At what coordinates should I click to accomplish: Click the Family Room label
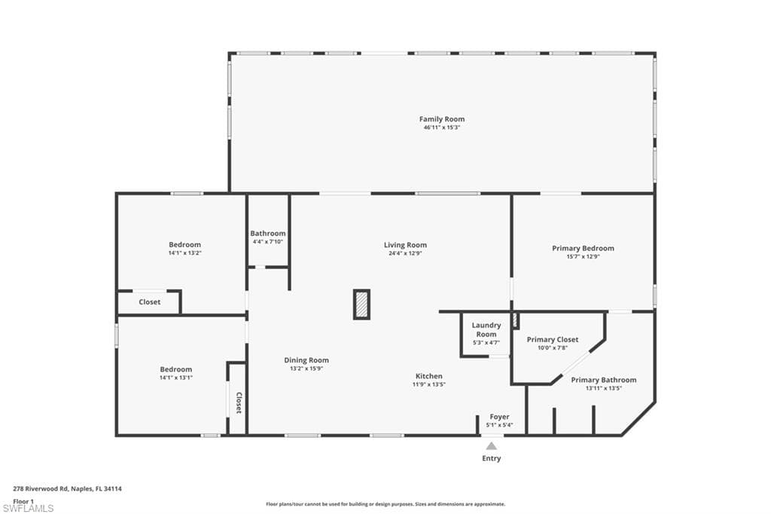pos(442,119)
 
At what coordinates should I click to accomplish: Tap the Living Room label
pos(405,245)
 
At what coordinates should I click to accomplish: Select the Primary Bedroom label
pos(583,248)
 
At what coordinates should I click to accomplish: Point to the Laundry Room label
pos(486,329)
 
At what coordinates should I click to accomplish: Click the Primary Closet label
pos(553,340)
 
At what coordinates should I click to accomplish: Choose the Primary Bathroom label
pos(603,380)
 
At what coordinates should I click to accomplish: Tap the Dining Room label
pos(306,360)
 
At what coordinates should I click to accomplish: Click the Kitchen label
pos(429,376)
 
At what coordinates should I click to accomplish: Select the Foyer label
pos(499,417)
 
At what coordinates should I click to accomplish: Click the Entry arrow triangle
pos(491,446)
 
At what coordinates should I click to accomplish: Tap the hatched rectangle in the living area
pos(362,304)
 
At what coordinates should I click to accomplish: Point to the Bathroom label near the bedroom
pos(268,234)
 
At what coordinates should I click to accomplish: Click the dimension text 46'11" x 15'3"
pos(442,128)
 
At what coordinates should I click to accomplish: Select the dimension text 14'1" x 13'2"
pos(184,253)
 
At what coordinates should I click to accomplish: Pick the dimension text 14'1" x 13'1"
pos(176,378)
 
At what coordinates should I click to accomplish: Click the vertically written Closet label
pos(238,402)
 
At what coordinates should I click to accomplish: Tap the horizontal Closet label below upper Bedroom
pos(150,302)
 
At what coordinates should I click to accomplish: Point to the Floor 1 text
pos(24,500)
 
